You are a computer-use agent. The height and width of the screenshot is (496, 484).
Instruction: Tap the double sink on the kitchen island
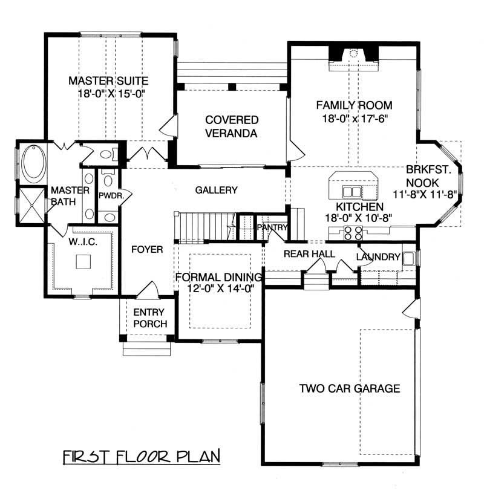click(352, 192)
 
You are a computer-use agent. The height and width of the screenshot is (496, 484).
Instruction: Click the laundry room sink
click(410, 258)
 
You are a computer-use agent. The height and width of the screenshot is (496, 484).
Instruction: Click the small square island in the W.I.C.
click(83, 261)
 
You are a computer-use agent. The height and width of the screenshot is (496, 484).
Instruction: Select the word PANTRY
click(271, 227)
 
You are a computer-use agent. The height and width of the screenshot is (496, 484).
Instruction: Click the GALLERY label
click(216, 190)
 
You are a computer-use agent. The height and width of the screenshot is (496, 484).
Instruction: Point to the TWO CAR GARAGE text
click(349, 388)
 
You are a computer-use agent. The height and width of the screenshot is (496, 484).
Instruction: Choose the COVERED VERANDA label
click(231, 126)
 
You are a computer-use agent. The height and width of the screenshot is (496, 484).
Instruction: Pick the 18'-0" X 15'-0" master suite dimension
click(109, 93)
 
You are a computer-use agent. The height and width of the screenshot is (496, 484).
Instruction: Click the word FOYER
click(147, 249)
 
